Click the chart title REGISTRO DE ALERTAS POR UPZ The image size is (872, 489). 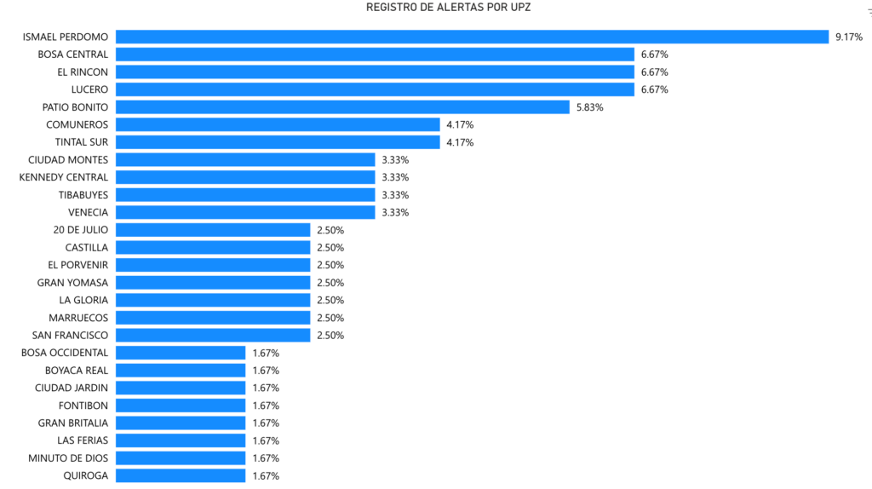click(448, 7)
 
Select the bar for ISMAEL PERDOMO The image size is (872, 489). click(472, 37)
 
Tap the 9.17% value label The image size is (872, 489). click(849, 37)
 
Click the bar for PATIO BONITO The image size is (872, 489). click(342, 106)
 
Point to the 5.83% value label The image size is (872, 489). click(589, 107)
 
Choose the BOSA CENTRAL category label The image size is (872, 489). click(73, 55)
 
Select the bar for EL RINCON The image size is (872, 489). click(375, 72)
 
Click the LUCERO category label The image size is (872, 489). click(89, 89)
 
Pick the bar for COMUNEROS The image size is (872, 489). click(278, 124)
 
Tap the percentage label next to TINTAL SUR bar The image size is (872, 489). click(460, 142)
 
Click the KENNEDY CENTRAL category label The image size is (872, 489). click(63, 177)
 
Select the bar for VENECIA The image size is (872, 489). click(245, 212)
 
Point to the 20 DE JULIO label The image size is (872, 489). click(81, 230)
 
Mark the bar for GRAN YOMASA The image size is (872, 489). click(213, 283)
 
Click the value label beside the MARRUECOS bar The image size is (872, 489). click(330, 318)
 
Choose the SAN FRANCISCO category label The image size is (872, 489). click(70, 336)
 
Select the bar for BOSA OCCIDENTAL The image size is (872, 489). click(181, 353)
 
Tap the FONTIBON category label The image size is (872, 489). click(83, 406)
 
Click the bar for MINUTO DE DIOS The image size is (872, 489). click(181, 457)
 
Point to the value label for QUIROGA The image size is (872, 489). click(266, 475)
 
